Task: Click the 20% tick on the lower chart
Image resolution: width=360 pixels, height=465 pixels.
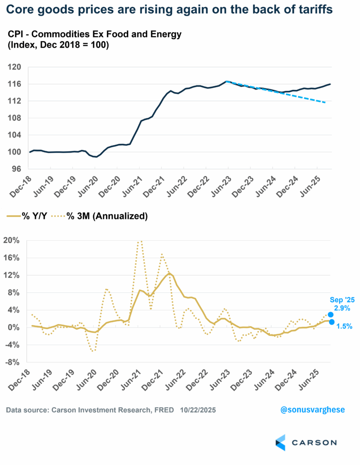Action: pyautogui.click(x=12, y=240)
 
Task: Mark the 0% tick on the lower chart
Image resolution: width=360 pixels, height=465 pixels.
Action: pyautogui.click(x=14, y=327)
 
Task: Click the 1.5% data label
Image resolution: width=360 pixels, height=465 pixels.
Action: pyautogui.click(x=344, y=326)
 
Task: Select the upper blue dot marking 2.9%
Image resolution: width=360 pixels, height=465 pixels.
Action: pyautogui.click(x=331, y=314)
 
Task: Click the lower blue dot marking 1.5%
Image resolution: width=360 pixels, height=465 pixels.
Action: pyautogui.click(x=332, y=322)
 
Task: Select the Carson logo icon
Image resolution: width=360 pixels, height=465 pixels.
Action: pyautogui.click(x=280, y=442)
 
